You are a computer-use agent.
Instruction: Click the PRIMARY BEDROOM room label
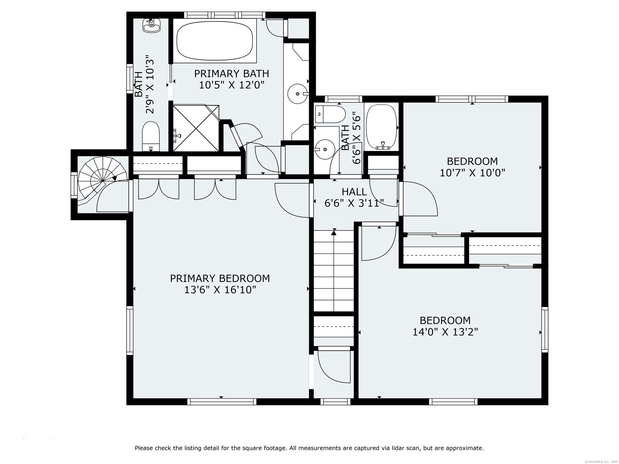click(220, 278)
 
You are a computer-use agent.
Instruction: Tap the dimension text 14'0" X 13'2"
click(445, 332)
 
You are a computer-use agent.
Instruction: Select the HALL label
click(354, 192)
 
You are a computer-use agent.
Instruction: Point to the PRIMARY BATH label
click(231, 74)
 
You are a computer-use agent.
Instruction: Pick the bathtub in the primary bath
click(215, 41)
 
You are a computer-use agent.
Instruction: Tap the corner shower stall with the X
click(196, 128)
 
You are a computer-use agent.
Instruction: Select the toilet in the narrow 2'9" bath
click(151, 137)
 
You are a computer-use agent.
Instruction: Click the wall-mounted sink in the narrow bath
click(152, 25)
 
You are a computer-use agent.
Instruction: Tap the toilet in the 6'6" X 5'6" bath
click(330, 114)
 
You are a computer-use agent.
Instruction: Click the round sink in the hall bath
click(325, 150)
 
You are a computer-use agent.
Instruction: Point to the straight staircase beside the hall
click(334, 270)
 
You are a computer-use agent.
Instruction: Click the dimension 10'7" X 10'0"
click(472, 173)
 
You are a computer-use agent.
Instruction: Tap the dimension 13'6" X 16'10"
click(220, 290)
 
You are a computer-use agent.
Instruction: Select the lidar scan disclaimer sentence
click(309, 448)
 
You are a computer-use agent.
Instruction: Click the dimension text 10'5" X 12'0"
click(231, 85)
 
